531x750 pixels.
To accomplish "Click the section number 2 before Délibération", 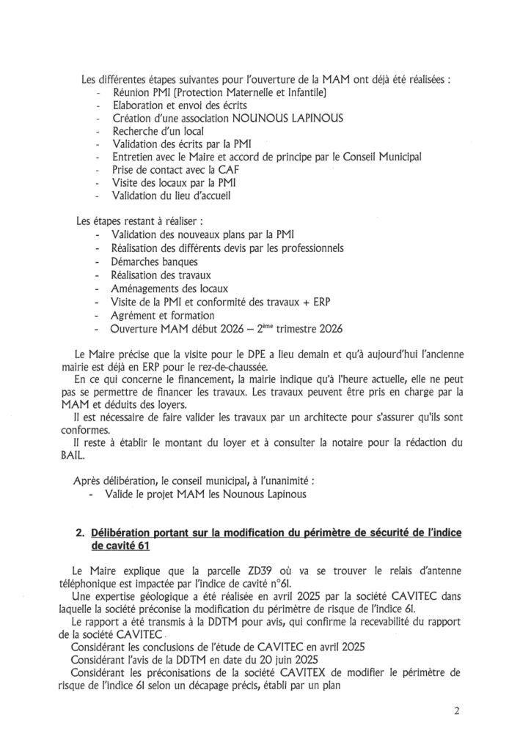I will click(80, 532).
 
